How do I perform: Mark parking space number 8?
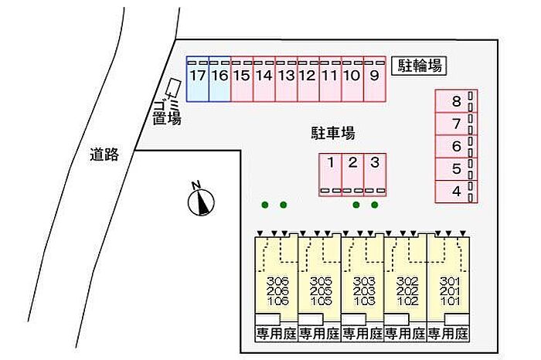click(x=456, y=101)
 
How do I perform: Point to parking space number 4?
click(x=456, y=191)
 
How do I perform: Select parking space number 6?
click(x=456, y=146)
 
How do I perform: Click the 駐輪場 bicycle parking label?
click(x=420, y=66)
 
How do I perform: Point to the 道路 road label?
click(x=104, y=155)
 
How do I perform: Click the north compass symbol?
click(x=201, y=201)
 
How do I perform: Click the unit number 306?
click(x=277, y=280)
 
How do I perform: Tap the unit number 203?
click(x=363, y=290)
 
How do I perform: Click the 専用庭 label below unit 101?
click(x=449, y=334)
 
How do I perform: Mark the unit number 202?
click(x=407, y=290)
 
